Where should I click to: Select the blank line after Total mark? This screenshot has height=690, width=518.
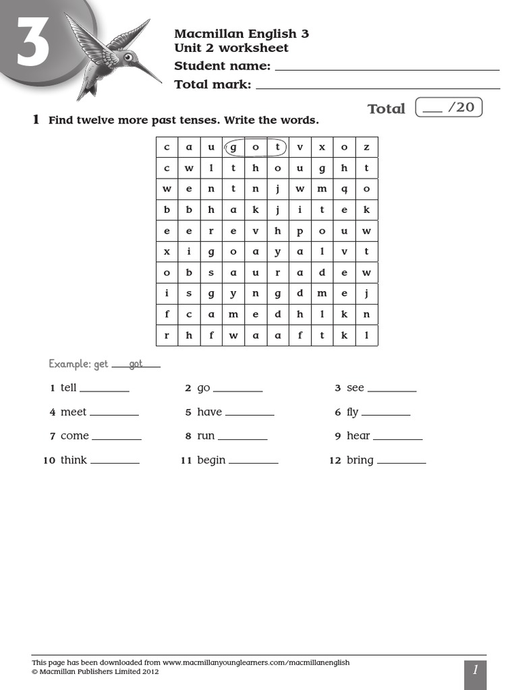coord(378,86)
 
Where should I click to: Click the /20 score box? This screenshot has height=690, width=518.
coord(449,107)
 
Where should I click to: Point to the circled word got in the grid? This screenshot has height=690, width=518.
coord(255,147)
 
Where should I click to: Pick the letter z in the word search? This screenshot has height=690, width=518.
coord(366,147)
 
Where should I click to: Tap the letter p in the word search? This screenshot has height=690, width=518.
coord(299,230)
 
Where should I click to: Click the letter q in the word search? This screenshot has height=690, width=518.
coord(344,189)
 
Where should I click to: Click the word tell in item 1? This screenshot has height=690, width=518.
coord(68,388)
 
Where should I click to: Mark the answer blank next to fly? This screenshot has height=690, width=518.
coord(385,413)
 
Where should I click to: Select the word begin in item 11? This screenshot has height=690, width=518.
coord(211,460)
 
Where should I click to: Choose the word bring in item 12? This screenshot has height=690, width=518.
coord(359,460)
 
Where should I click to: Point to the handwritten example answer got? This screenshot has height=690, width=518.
coord(136,364)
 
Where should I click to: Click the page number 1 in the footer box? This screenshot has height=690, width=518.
coord(475,670)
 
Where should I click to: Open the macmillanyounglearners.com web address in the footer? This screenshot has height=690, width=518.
coord(256,662)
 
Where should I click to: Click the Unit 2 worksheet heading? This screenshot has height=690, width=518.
coord(231,48)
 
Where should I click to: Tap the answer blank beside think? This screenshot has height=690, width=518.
coord(115,461)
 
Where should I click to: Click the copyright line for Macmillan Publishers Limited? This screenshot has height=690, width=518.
coord(96,671)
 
